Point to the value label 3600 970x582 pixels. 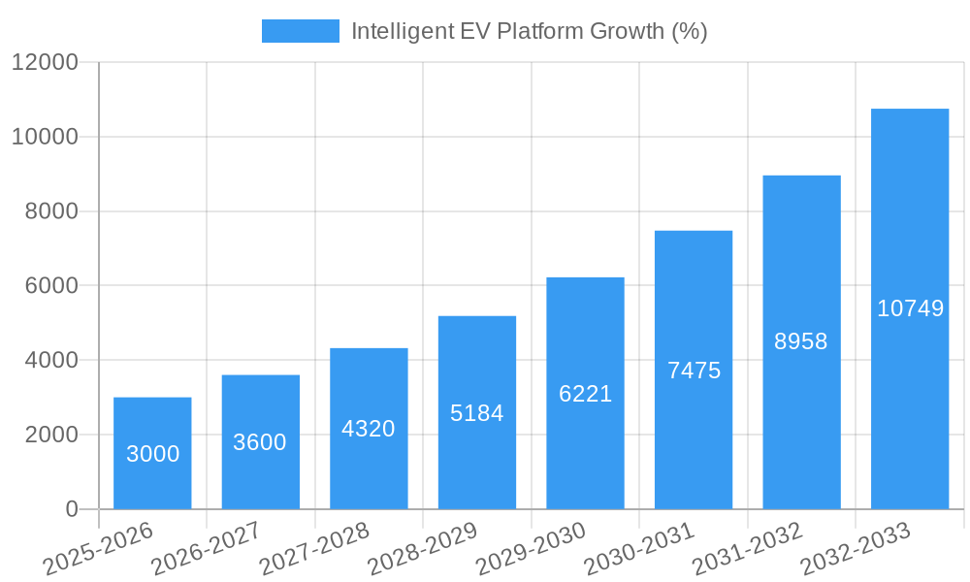click(x=260, y=442)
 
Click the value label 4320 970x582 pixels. click(x=369, y=429)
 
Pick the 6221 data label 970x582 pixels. click(x=585, y=394)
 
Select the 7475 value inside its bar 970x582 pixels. click(x=694, y=371)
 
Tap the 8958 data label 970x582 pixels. click(x=801, y=341)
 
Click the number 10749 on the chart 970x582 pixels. click(x=910, y=308)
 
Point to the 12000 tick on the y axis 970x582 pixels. click(x=45, y=62)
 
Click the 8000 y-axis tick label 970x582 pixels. click(x=50, y=211)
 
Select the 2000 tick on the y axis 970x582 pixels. click(x=50, y=435)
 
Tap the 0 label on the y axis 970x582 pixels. click(x=71, y=509)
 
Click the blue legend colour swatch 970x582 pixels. click(x=301, y=31)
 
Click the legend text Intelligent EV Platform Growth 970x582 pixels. click(x=529, y=31)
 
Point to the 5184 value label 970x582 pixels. click(x=477, y=413)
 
